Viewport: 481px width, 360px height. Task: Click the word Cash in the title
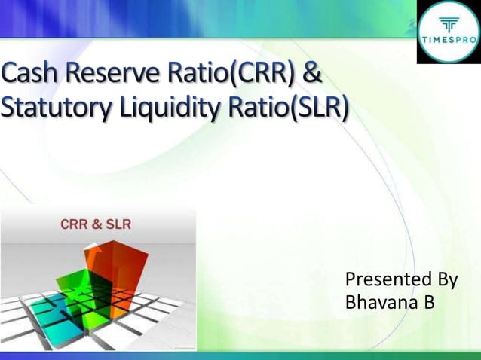31,77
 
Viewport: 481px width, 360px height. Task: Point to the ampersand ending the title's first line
311,77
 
